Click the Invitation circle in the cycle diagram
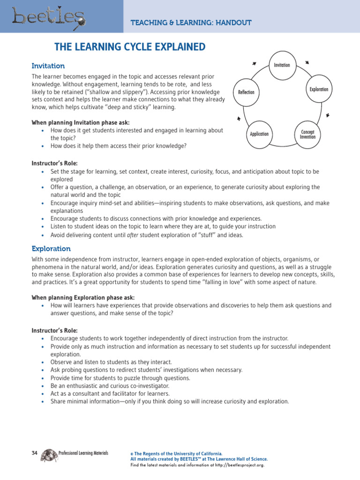pos(282,65)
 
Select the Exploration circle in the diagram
pos(319,89)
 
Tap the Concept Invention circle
pos(307,134)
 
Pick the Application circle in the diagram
pos(259,134)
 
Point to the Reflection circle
pos(246,92)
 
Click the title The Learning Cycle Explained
pos(130,47)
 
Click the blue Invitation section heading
pos(48,66)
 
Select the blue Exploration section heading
pos(51,248)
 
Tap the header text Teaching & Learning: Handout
pos(191,22)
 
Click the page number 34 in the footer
pos(34,453)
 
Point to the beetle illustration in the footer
pos(49,455)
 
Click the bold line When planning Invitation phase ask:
pos(80,122)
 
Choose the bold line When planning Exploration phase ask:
pos(82,297)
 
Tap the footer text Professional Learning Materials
pos(83,453)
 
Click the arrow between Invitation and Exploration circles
pos(307,62)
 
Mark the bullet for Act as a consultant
pos(42,394)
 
